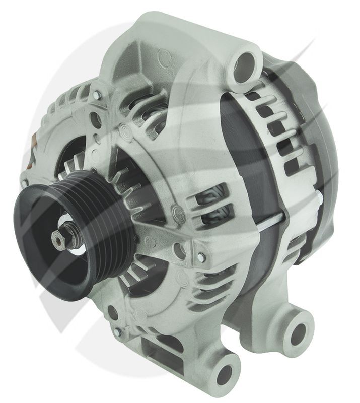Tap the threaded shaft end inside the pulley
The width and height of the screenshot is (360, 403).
[x=60, y=237]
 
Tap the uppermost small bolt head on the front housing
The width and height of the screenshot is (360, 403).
[x=96, y=94]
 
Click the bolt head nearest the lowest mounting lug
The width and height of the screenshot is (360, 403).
[x=117, y=332]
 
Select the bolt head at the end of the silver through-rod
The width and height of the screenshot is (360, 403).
[x=201, y=257]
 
